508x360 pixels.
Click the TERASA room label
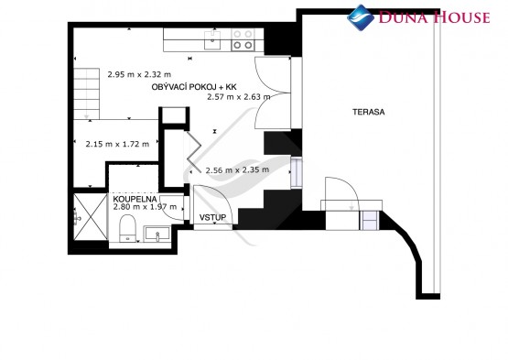point(368,113)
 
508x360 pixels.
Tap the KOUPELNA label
point(135,199)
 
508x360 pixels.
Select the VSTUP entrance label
point(212,217)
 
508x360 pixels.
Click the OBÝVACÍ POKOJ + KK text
point(194,87)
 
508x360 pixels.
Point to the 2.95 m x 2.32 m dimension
point(139,74)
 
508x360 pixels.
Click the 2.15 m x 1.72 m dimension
point(117,144)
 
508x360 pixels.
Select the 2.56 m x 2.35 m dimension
point(237,169)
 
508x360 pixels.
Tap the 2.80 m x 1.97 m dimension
point(145,207)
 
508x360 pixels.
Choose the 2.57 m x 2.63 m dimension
point(239,97)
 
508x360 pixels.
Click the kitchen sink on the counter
point(212,40)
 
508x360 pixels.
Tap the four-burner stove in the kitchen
point(243,40)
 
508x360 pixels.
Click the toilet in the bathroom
point(127,228)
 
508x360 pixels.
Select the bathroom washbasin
point(157,234)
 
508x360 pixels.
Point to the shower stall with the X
point(91,217)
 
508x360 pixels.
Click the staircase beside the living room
point(87,93)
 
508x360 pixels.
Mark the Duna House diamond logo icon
point(361,17)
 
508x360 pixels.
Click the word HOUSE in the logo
point(461,16)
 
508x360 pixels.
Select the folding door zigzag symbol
point(193,152)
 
